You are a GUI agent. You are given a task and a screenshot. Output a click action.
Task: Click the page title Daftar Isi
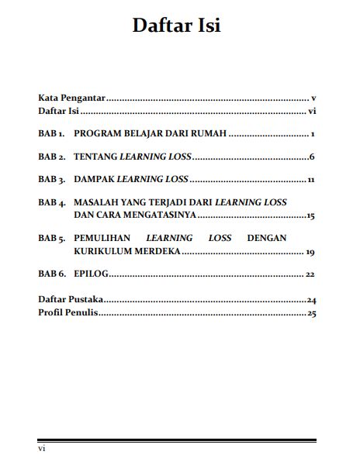coord(176,26)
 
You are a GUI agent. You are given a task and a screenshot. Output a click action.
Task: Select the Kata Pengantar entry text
coord(71,98)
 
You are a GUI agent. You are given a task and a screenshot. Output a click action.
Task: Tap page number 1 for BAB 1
coord(311,134)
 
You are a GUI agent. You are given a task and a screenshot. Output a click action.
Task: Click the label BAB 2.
coord(52,157)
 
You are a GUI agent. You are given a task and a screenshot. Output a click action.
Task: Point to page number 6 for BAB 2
coord(310,157)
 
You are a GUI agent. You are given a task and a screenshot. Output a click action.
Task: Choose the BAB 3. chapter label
coord(52,179)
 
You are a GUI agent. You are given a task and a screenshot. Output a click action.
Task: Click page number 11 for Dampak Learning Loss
coord(310,180)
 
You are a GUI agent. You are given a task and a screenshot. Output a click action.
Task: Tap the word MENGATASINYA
coord(156,215)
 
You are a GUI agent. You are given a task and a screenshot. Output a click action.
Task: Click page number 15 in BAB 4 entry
coord(310,215)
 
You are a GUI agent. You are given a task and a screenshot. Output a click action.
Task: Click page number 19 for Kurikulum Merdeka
coord(310,252)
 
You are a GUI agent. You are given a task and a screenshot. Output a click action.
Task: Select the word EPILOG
coord(91,274)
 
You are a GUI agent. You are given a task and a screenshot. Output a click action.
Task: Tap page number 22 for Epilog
coord(310,274)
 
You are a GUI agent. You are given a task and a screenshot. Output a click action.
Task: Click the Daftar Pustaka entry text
coord(71,298)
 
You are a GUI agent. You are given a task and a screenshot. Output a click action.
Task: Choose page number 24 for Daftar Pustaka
coord(311,299)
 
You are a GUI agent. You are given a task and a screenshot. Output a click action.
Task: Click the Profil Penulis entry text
coord(68,313)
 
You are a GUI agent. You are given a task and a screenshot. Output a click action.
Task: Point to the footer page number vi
coord(43,448)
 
